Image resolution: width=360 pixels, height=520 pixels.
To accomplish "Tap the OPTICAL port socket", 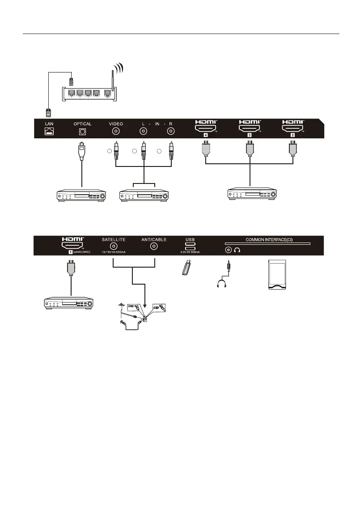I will [x=82, y=132].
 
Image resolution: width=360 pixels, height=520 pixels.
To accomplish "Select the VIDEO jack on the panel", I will [x=116, y=132].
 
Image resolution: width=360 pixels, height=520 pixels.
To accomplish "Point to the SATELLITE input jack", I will [x=114, y=247].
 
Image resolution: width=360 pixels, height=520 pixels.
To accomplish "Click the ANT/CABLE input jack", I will [x=153, y=247].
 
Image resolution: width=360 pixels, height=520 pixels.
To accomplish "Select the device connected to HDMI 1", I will [x=69, y=304].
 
